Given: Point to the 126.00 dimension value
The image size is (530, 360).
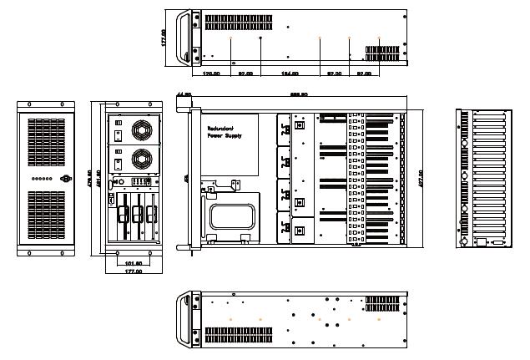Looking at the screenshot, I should [211, 74].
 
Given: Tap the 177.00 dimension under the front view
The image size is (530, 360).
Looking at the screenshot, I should [133, 271].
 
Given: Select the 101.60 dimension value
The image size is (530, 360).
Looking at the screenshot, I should [133, 263].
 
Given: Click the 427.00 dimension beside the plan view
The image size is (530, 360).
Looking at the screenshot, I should [421, 178].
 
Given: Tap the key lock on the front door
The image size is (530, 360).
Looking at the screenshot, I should [66, 179].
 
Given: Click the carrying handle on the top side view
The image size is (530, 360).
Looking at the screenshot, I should [185, 37].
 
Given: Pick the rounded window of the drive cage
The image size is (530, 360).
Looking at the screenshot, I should [233, 216].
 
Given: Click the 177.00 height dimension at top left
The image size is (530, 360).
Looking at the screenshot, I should [164, 38].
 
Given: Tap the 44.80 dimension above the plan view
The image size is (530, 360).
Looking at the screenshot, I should [185, 94].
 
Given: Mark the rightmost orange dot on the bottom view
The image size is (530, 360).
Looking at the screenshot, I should [379, 319].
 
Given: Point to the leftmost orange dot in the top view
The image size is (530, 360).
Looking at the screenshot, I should [231, 38].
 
